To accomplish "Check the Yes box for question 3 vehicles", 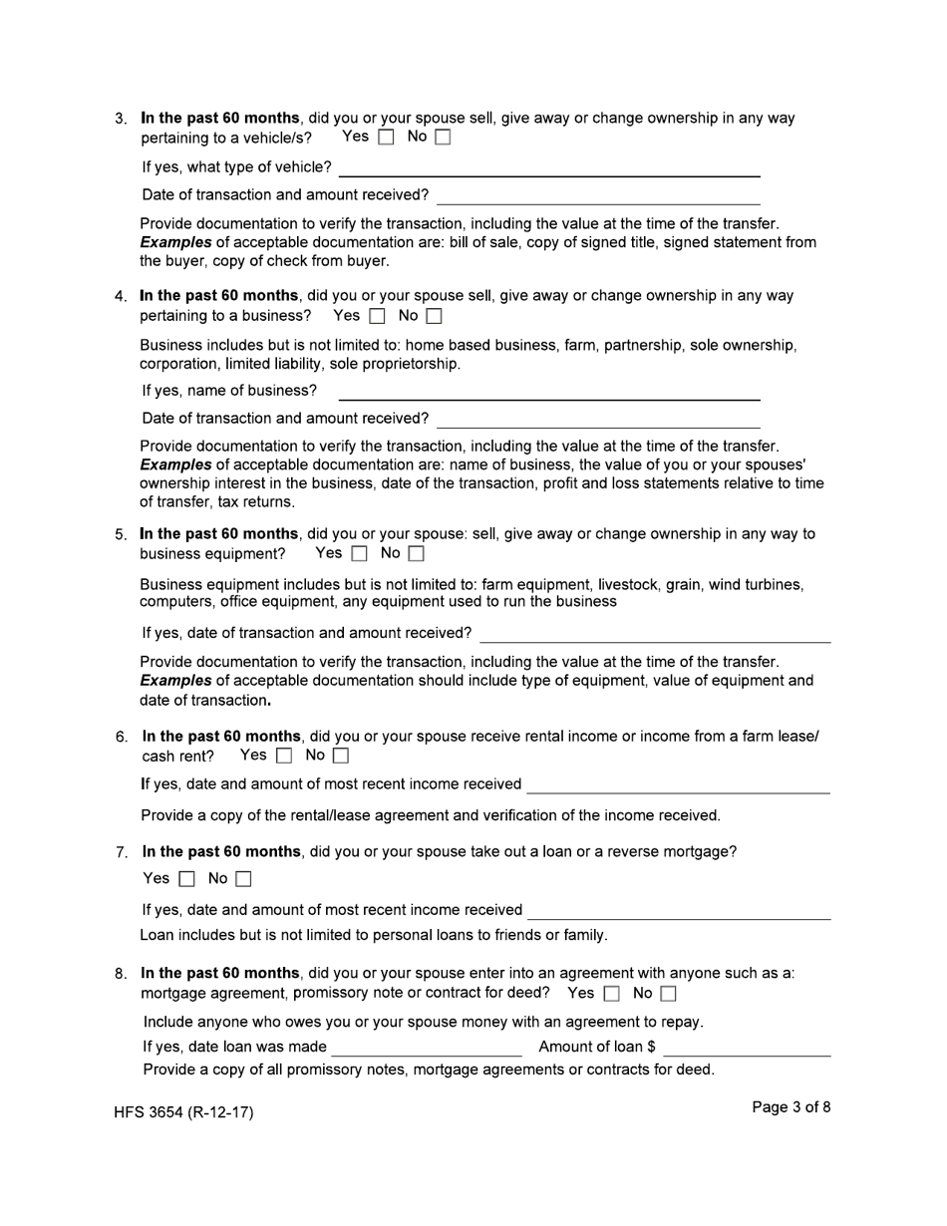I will pyautogui.click(x=387, y=138).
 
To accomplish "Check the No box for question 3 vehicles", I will pyautogui.click(x=443, y=138).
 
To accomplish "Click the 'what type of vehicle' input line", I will pyautogui.click(x=549, y=167).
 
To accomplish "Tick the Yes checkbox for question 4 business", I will pyautogui.click(x=377, y=317).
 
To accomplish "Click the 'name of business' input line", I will pyautogui.click(x=549, y=391).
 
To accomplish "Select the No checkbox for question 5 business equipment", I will pyautogui.click(x=417, y=554).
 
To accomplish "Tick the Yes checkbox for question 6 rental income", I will pyautogui.click(x=284, y=757).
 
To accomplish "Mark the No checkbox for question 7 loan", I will pyautogui.click(x=243, y=879).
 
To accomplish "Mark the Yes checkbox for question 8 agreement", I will pyautogui.click(x=611, y=994).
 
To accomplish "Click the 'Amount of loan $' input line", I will pyautogui.click(x=747, y=1047).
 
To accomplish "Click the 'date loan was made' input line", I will pyautogui.click(x=427, y=1047).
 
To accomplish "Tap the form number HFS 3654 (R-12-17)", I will pyautogui.click(x=183, y=1112).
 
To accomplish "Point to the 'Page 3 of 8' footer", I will pyautogui.click(x=790, y=1107).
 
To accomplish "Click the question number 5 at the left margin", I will pyautogui.click(x=121, y=535).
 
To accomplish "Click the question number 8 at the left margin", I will pyautogui.click(x=121, y=974).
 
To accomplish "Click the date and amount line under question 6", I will pyautogui.click(x=678, y=784).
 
